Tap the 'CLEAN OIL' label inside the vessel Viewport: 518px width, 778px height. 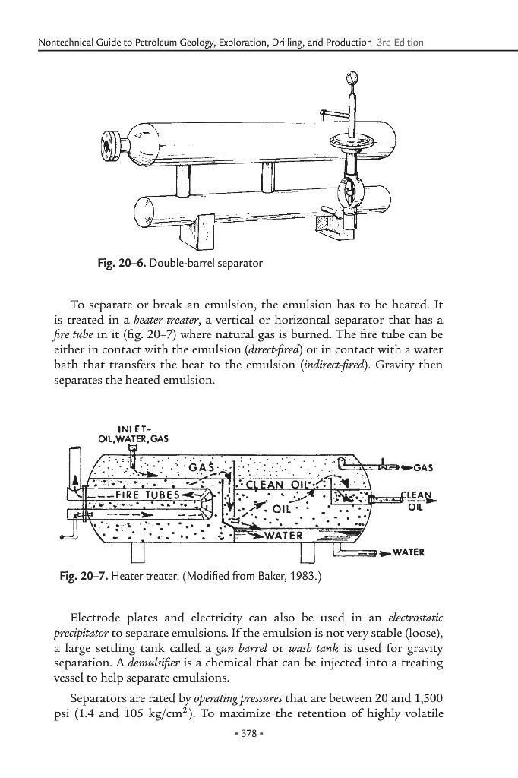(276, 485)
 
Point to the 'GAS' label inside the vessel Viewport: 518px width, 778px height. (203, 466)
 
